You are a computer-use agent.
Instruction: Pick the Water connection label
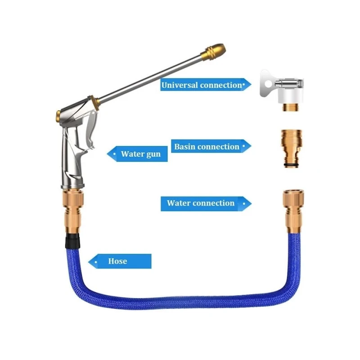[201, 203]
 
